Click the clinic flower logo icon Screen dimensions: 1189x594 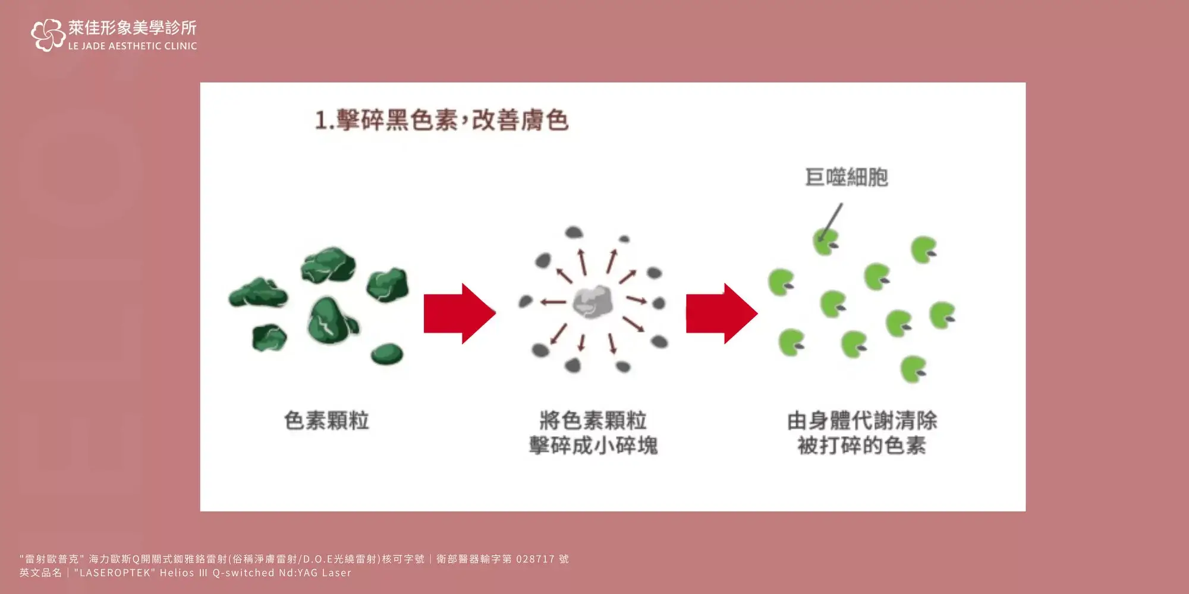click(48, 35)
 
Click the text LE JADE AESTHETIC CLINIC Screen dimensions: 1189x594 click(133, 46)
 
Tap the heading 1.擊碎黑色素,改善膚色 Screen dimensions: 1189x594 click(442, 120)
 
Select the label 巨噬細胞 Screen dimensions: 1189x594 click(846, 177)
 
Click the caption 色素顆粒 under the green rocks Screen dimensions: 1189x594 click(326, 421)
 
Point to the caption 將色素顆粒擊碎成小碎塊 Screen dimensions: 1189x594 click(593, 433)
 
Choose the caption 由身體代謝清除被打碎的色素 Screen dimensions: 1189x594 click(862, 433)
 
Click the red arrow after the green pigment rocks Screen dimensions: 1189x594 click(460, 314)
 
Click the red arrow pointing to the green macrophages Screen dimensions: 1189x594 click(722, 314)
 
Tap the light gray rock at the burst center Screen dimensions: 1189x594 click(593, 301)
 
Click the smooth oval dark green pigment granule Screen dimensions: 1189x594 click(387, 355)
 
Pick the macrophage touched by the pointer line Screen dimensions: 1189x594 click(826, 242)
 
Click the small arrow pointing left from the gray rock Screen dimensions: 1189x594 click(553, 302)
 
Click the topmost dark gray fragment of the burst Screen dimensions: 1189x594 click(574, 232)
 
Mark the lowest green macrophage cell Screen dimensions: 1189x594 click(914, 369)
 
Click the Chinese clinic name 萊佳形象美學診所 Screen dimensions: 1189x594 click(133, 28)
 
